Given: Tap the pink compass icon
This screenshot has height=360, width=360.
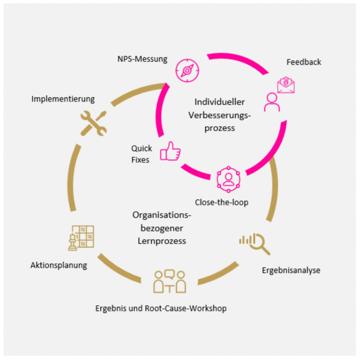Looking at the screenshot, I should pyautogui.click(x=187, y=70).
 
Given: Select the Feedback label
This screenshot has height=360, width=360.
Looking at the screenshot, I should pyautogui.click(x=304, y=62).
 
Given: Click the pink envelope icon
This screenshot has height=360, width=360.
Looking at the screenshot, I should pyautogui.click(x=286, y=85).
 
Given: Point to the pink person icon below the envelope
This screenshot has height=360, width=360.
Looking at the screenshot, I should pyautogui.click(x=272, y=102).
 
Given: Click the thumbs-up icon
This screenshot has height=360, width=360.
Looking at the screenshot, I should pyautogui.click(x=170, y=152).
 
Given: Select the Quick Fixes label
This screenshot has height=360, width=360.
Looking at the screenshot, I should pyautogui.click(x=142, y=154).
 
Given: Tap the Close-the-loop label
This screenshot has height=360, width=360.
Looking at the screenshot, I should pyautogui.click(x=222, y=202).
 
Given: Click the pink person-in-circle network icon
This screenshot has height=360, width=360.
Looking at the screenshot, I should pyautogui.click(x=228, y=179).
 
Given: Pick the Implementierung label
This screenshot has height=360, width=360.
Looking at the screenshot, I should pyautogui.click(x=63, y=98).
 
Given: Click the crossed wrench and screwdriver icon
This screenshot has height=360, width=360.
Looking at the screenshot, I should pyautogui.click(x=94, y=122).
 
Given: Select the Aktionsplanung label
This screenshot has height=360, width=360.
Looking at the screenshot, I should pyautogui.click(x=59, y=265).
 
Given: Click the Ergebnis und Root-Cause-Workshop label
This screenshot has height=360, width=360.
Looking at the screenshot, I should pyautogui.click(x=161, y=308).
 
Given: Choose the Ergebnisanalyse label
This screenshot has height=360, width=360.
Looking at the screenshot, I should pyautogui.click(x=291, y=270).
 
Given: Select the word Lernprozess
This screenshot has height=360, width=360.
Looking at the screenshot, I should pyautogui.click(x=162, y=241).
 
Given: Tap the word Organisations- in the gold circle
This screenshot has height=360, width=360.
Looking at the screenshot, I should pyautogui.click(x=162, y=215).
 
